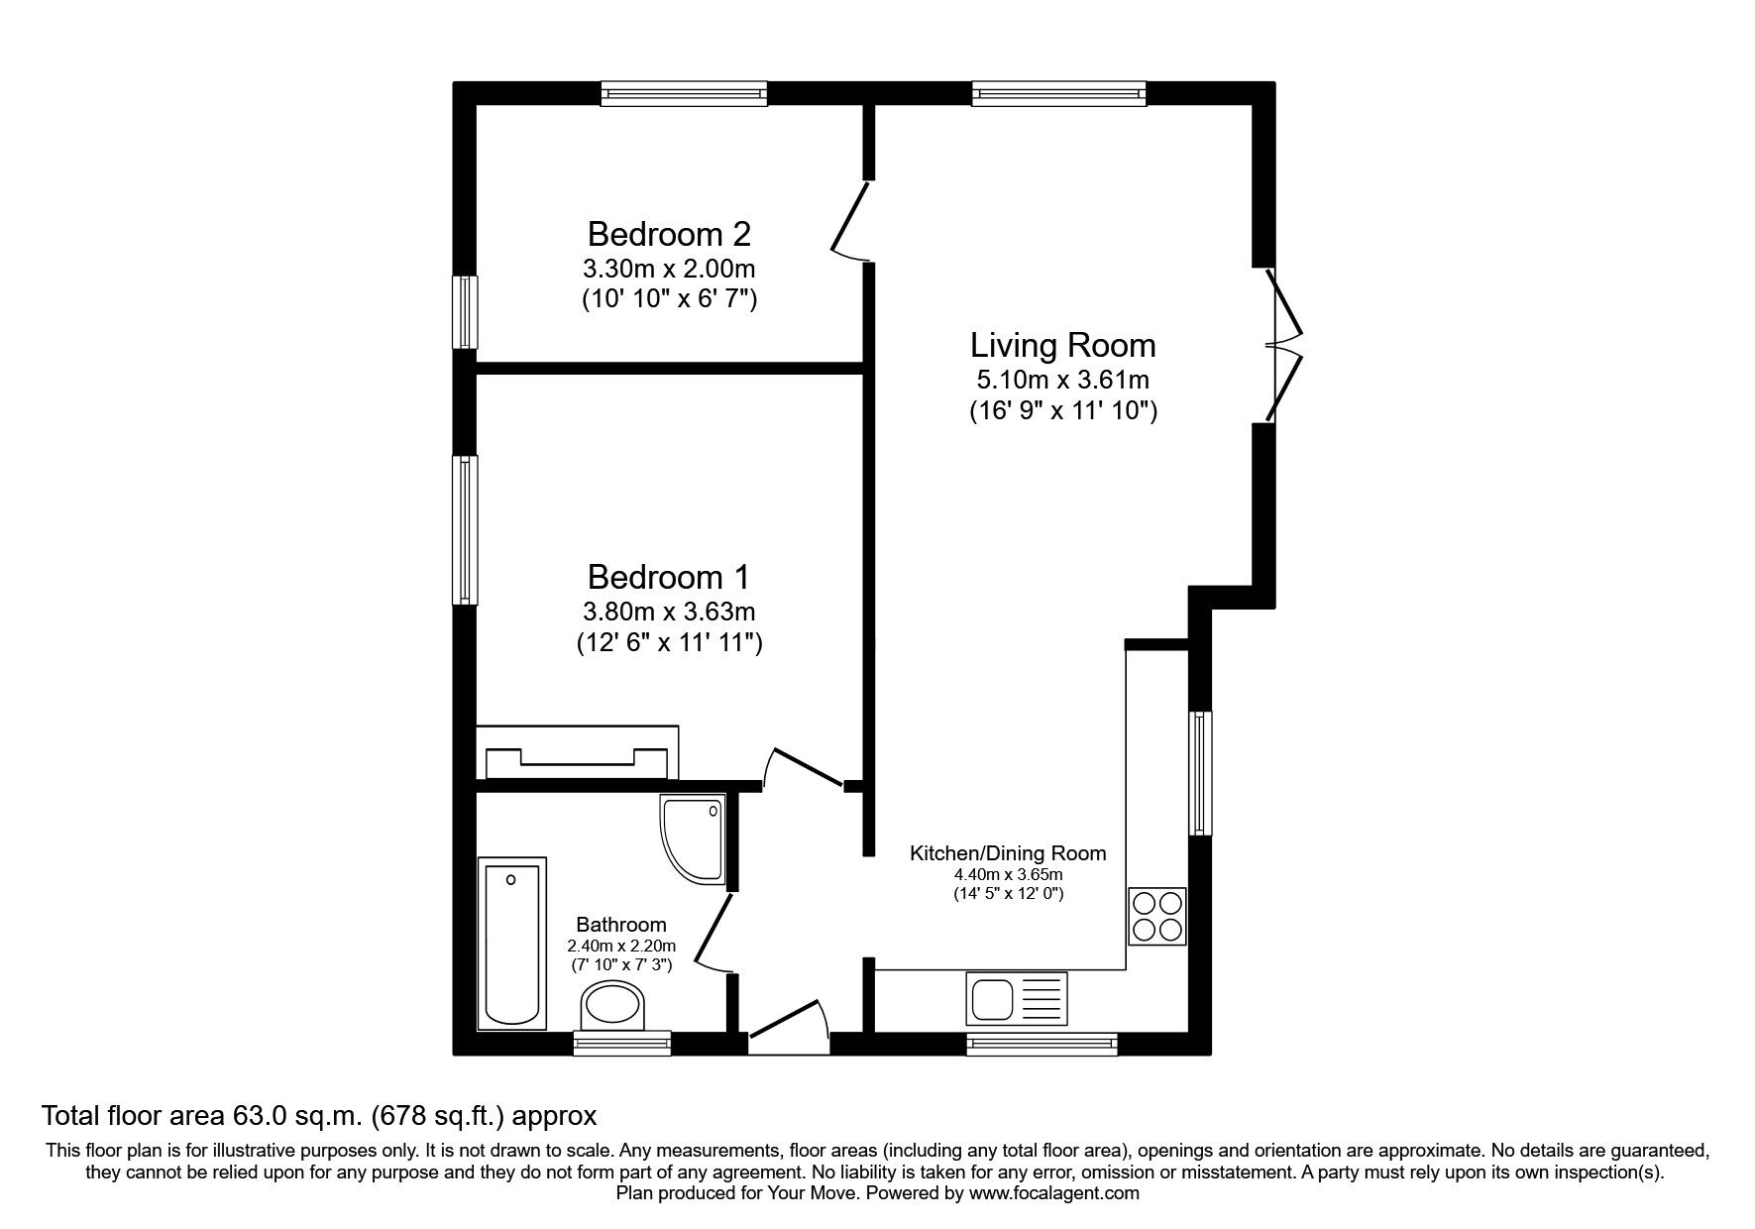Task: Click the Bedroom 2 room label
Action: [x=669, y=235]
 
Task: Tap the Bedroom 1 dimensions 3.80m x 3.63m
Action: [x=669, y=612]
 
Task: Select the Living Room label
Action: [x=1062, y=346]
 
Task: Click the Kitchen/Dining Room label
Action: [x=1008, y=853]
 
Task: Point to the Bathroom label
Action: [x=621, y=925]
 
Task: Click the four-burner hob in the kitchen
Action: [x=1157, y=916]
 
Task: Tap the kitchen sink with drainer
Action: [x=1017, y=998]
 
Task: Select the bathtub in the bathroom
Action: [x=512, y=942]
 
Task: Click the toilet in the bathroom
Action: [x=613, y=1006]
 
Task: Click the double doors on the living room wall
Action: [x=1284, y=345]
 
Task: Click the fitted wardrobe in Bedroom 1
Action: [x=578, y=754]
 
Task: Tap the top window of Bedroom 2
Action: [x=685, y=94]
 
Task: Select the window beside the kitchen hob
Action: [x=1199, y=773]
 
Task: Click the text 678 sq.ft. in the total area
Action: [x=438, y=1116]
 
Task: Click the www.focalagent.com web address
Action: [x=1053, y=1193]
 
